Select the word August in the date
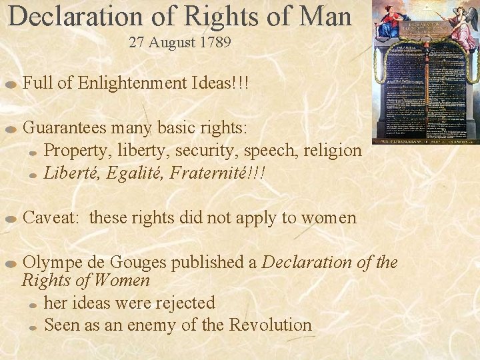click(x=170, y=43)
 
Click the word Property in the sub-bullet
click(x=71, y=151)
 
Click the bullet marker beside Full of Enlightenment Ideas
click(x=11, y=85)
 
